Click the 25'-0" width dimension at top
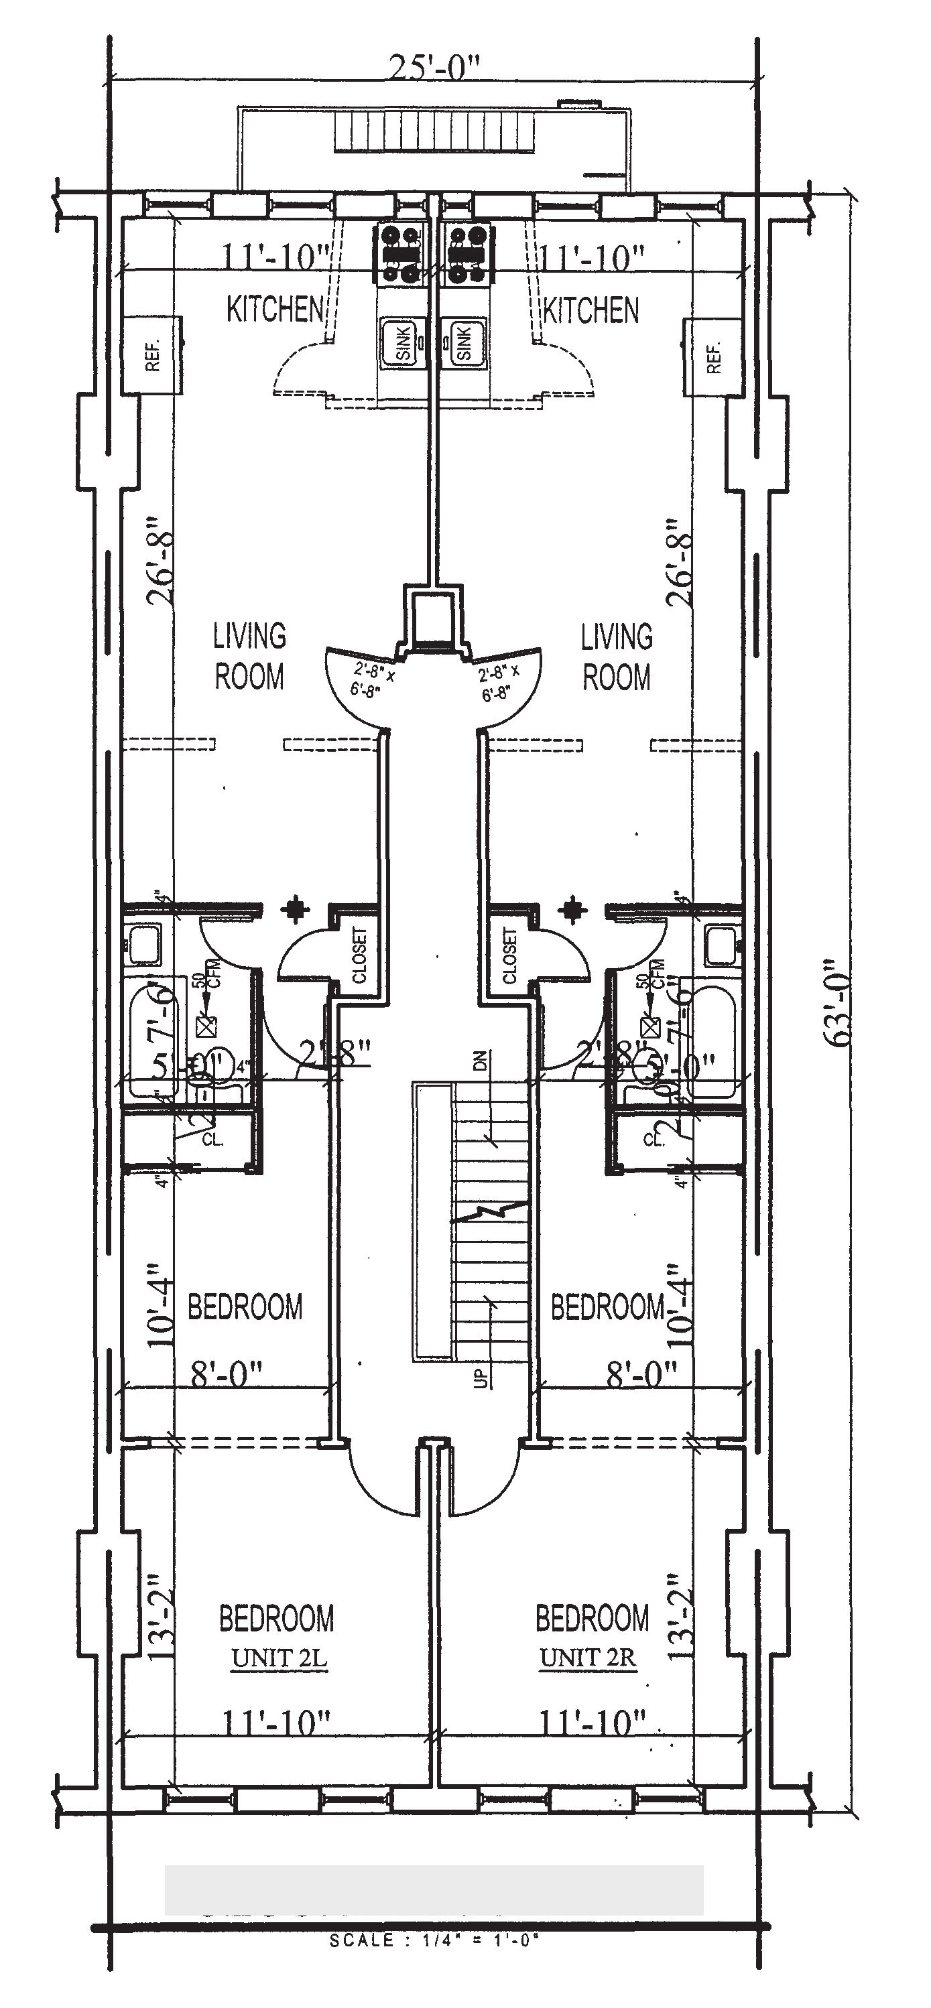pyautogui.click(x=433, y=70)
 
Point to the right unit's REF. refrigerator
pyautogui.click(x=712, y=356)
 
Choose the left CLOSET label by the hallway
pyautogui.click(x=360, y=955)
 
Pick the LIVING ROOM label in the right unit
pyautogui.click(x=617, y=657)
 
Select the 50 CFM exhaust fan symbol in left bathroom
pyautogui.click(x=206, y=1026)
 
